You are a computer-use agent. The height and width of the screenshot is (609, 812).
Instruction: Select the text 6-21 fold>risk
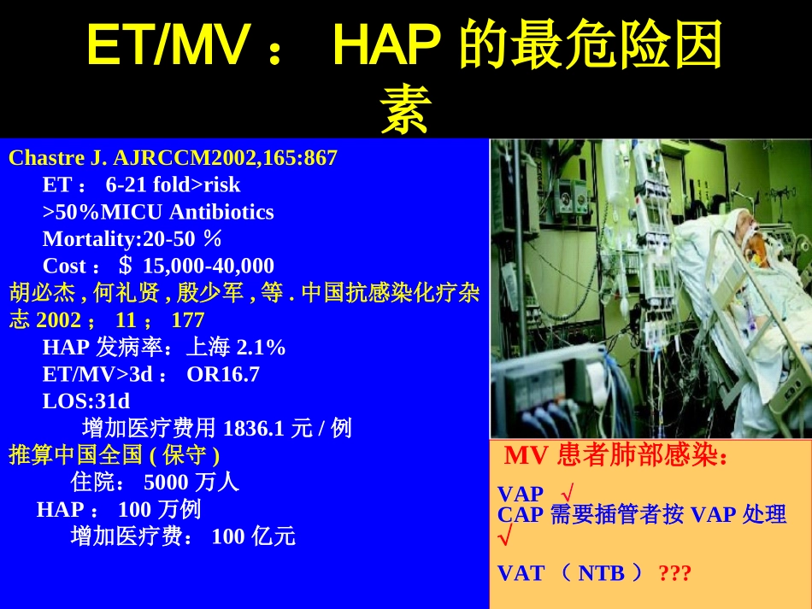(x=173, y=184)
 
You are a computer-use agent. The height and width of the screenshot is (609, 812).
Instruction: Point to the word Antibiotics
(x=221, y=212)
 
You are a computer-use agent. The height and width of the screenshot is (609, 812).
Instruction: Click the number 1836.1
(x=253, y=428)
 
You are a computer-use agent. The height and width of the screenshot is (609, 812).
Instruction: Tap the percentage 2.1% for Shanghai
(x=261, y=348)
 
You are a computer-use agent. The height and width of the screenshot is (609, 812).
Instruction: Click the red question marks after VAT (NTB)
(x=674, y=573)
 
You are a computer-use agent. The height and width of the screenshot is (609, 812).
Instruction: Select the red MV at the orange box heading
(x=526, y=456)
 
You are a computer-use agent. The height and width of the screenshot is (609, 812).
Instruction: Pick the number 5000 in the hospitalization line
(x=167, y=483)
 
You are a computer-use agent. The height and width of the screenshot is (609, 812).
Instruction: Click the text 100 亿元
(x=253, y=536)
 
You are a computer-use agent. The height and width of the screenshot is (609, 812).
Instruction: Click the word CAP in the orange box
(x=520, y=515)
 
